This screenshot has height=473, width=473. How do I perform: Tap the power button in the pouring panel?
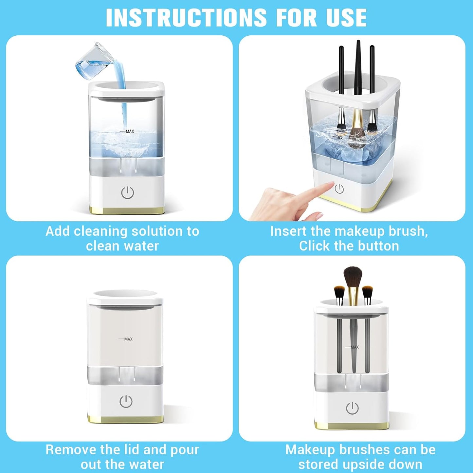[127, 193]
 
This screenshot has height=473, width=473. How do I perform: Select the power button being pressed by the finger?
[339, 189]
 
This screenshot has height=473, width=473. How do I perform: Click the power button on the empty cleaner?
[126, 401]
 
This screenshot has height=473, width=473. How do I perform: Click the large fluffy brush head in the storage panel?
[353, 277]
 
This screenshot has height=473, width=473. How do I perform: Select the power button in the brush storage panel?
[352, 408]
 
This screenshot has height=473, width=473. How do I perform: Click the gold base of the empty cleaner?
[126, 419]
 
